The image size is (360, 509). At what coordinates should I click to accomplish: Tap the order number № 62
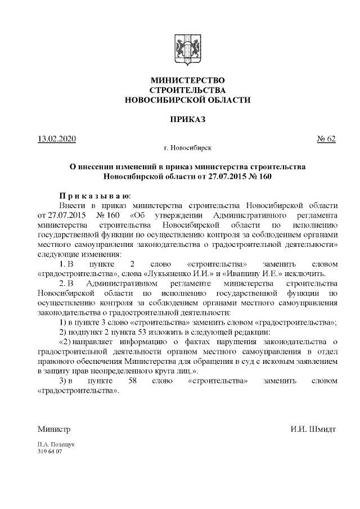[327, 139]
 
